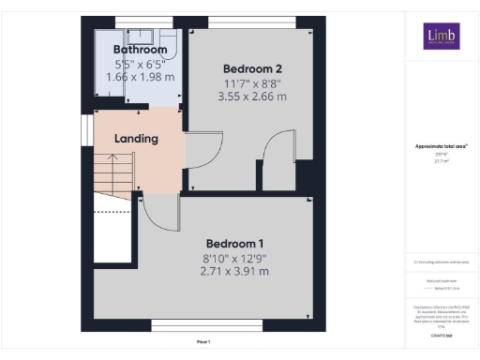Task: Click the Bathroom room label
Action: [x=140, y=49]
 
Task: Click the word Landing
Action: [x=136, y=139]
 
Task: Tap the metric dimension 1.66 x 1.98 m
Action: [x=140, y=78]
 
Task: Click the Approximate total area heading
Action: [x=440, y=146]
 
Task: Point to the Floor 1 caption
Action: [x=202, y=341]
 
